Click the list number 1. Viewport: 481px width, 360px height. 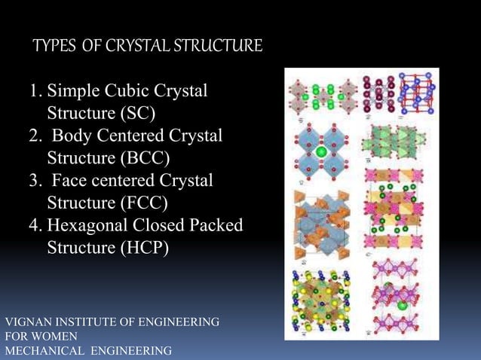(34, 92)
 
